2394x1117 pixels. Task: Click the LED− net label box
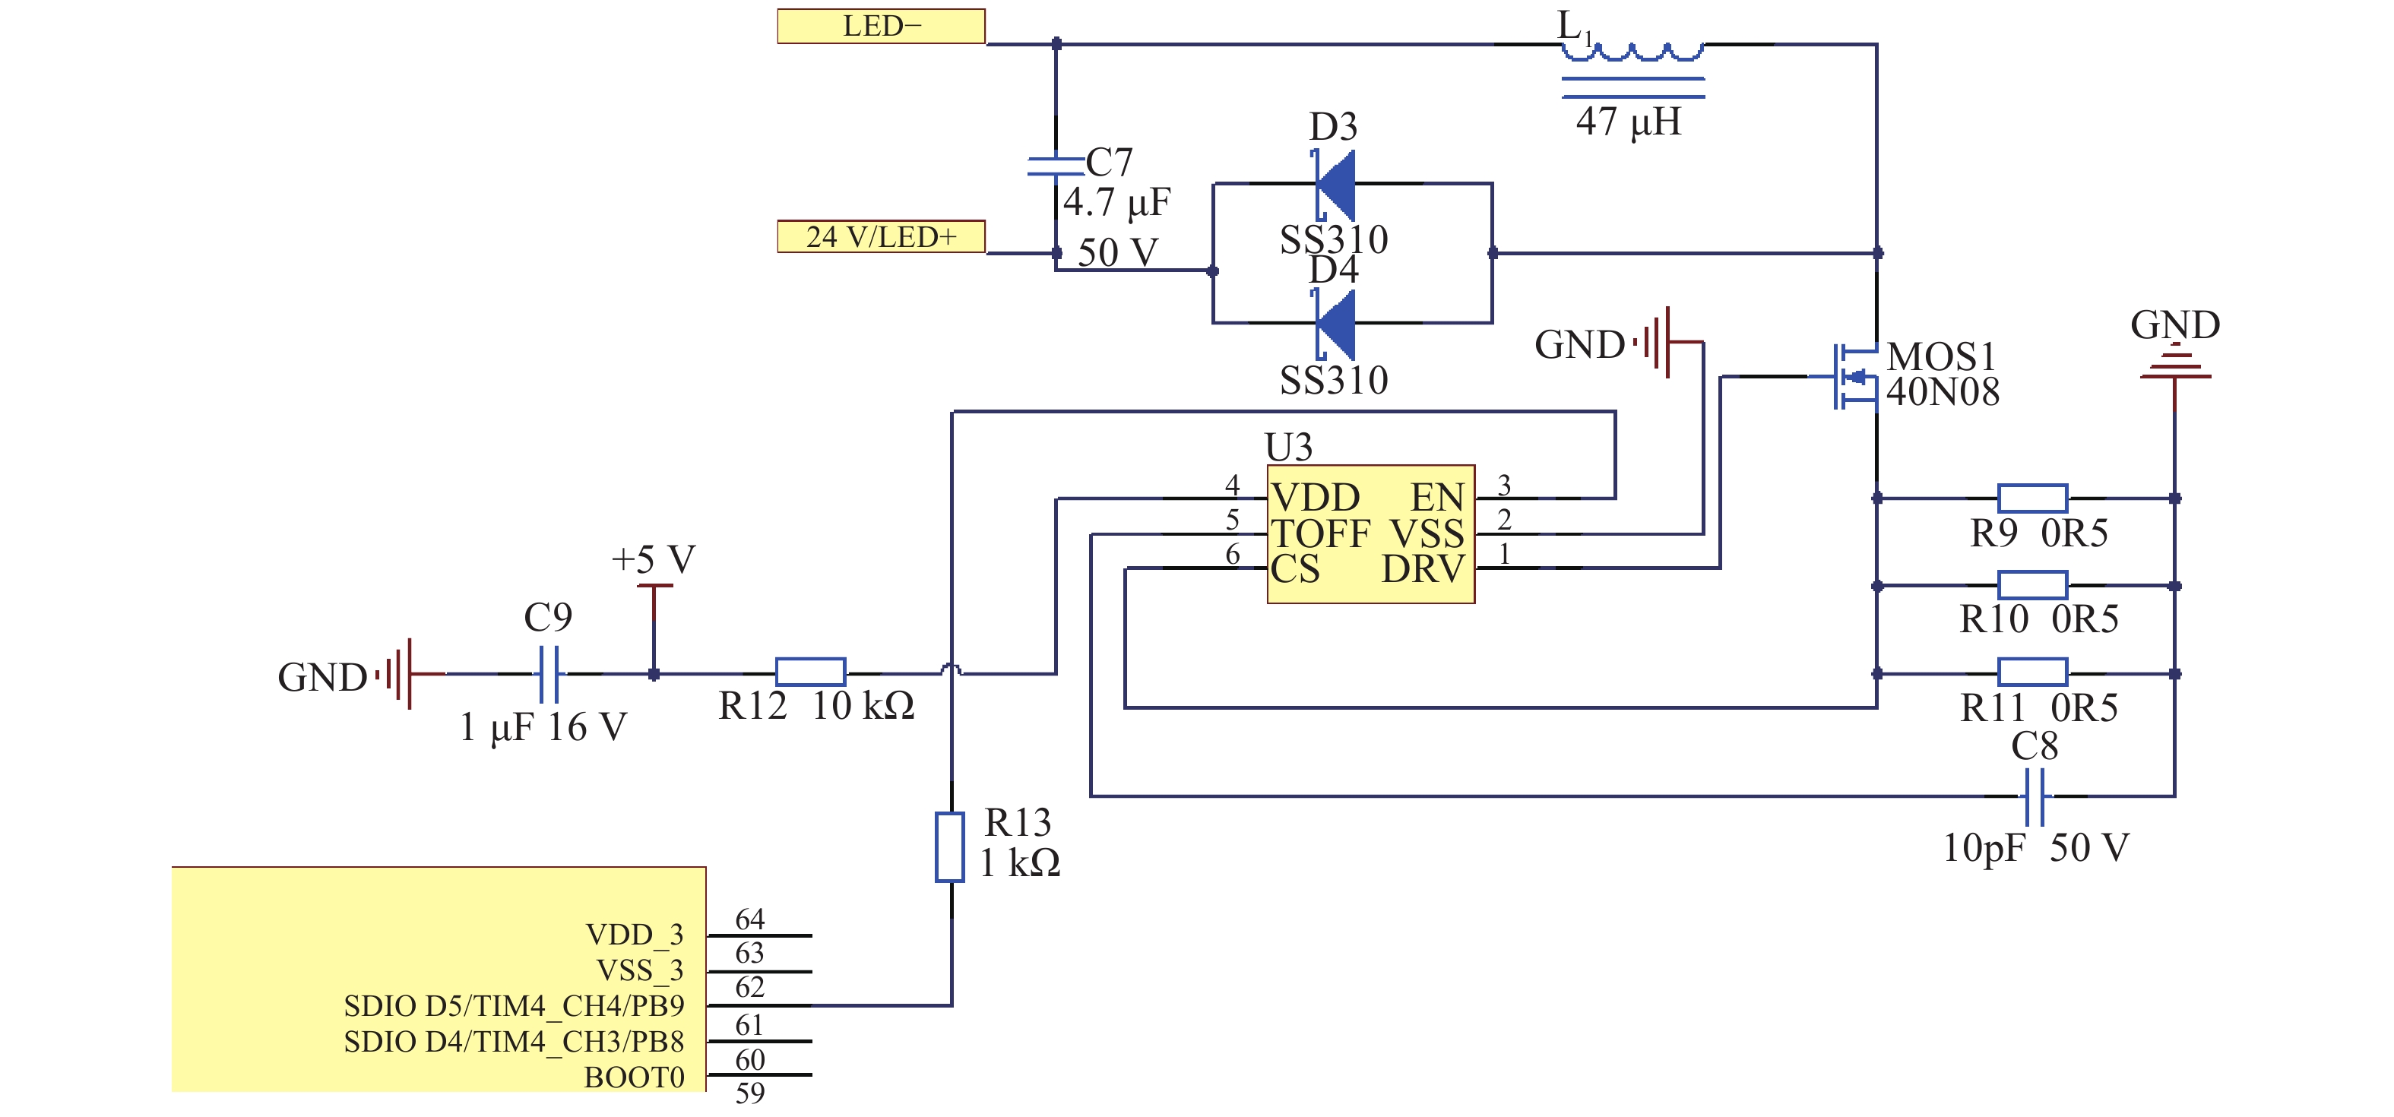pyautogui.click(x=881, y=26)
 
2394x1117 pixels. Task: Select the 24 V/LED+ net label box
pyautogui.click(x=881, y=236)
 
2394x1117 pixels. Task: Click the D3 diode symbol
pyautogui.click(x=1335, y=184)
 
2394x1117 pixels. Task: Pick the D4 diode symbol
pyautogui.click(x=1335, y=324)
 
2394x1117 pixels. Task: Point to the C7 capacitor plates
pyautogui.click(x=1056, y=166)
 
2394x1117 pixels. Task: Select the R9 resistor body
pyautogui.click(x=2031, y=498)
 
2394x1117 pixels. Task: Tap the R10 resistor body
pyautogui.click(x=2031, y=585)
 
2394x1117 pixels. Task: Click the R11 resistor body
pyautogui.click(x=2031, y=672)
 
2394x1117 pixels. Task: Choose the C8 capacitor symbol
pyautogui.click(x=2034, y=796)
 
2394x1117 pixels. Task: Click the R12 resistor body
pyautogui.click(x=810, y=672)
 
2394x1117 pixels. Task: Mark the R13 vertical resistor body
pyautogui.click(x=950, y=846)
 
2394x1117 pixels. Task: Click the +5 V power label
pyautogui.click(x=654, y=559)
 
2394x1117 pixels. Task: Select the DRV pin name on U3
pyautogui.click(x=1423, y=568)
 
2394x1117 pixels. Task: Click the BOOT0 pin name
pyautogui.click(x=634, y=1077)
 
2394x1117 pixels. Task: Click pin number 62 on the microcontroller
pyautogui.click(x=750, y=987)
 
